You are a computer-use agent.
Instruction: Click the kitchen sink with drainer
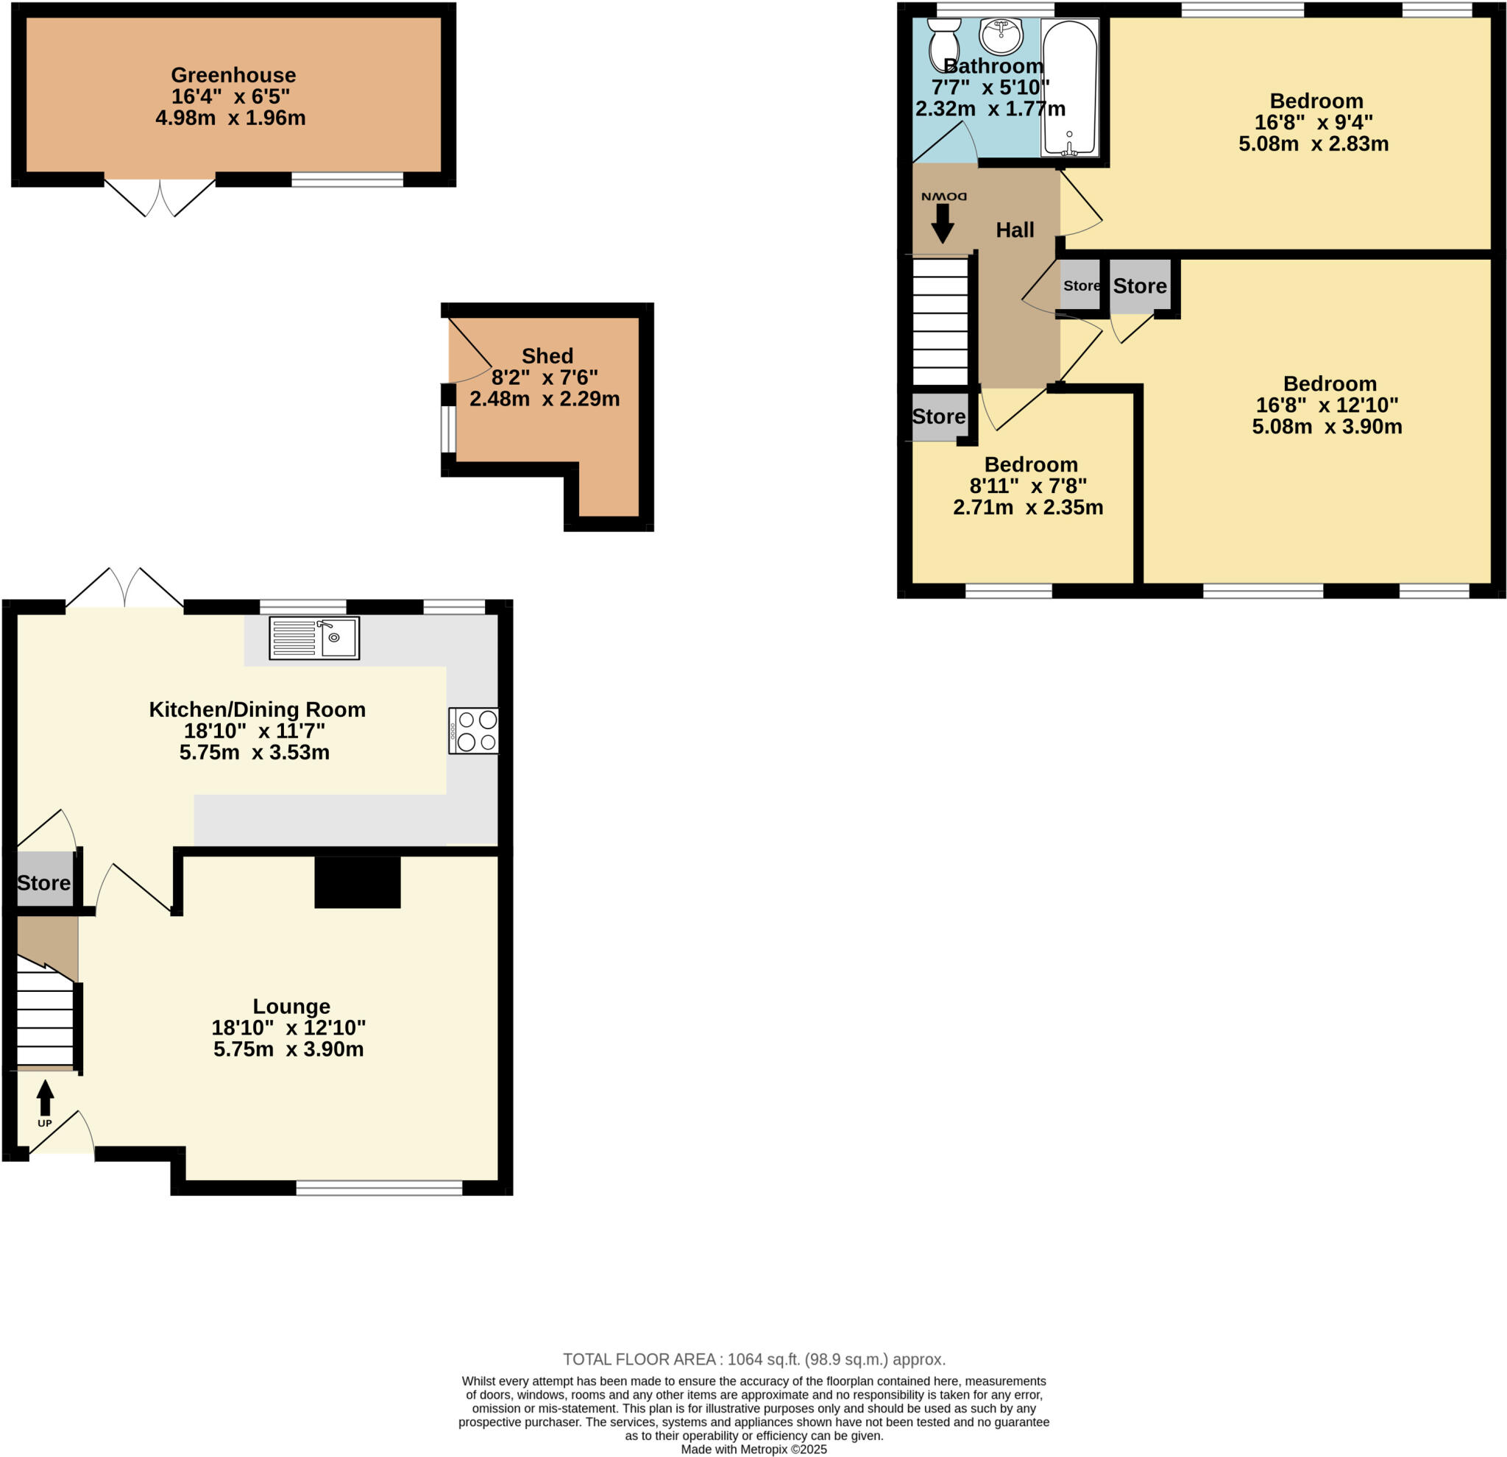pos(313,637)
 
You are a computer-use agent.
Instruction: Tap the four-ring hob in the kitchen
pos(474,731)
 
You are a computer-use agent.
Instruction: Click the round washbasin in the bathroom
pos(1000,35)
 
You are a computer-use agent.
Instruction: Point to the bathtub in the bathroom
pos(1068,87)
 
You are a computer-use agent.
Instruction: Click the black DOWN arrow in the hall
pos(942,224)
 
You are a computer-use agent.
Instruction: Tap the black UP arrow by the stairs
pos(46,1097)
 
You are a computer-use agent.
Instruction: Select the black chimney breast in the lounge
pos(358,882)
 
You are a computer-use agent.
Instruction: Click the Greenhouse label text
pos(233,74)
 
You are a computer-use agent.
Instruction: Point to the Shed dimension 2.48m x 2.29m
pos(545,399)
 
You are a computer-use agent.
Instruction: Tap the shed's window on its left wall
pos(448,429)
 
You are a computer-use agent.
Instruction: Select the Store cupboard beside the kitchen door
pos(45,882)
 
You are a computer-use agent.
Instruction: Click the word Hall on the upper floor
pos(1014,230)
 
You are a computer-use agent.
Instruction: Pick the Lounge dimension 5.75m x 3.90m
pos(288,1049)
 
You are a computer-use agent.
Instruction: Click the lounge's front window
pos(379,1188)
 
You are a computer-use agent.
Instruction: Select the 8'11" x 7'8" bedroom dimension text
pos(1028,486)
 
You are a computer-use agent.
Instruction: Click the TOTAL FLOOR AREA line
pos(753,1359)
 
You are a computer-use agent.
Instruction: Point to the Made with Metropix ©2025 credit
pos(753,1449)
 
